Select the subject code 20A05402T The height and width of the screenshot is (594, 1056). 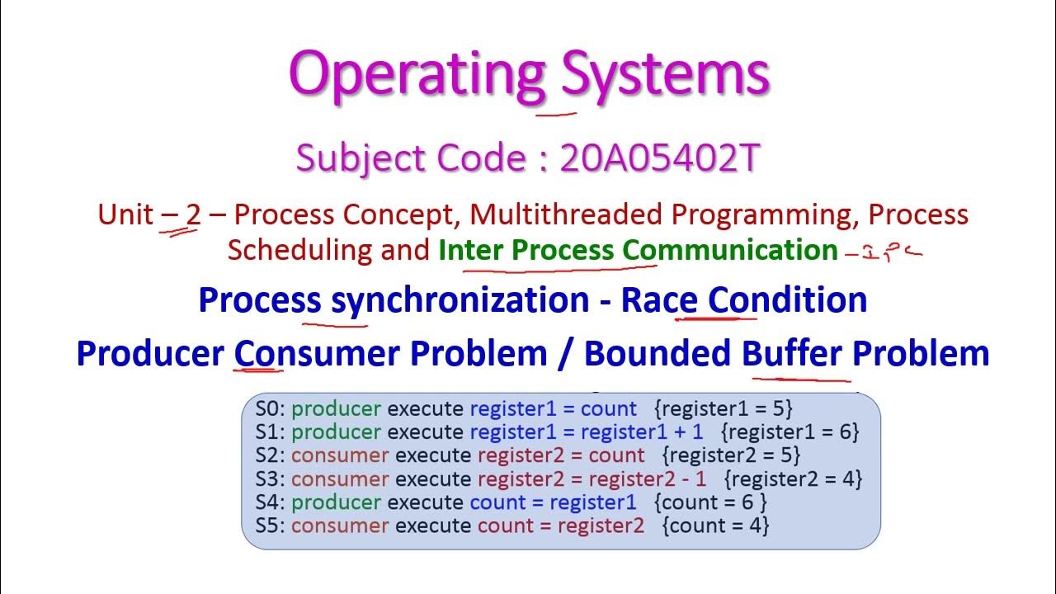pos(658,159)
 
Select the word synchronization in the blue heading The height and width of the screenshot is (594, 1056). pos(460,300)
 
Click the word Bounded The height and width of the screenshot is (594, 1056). pos(657,354)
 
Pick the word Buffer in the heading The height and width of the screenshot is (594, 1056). pos(792,354)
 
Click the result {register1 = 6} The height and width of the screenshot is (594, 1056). pos(790,431)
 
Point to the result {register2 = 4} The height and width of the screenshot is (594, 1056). pos(793,478)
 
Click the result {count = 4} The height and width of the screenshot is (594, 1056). pos(715,526)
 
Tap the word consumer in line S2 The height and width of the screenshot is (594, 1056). pos(340,455)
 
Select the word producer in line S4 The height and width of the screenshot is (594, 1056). pos(336,502)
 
